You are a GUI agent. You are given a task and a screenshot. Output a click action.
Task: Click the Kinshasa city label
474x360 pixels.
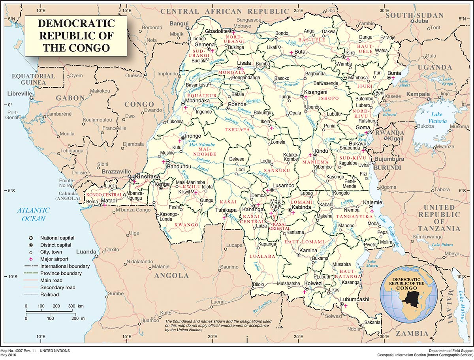tap(148, 176)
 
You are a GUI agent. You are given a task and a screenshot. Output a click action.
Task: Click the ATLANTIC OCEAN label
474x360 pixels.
tap(33, 214)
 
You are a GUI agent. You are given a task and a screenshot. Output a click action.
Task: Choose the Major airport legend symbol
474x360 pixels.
tap(30, 259)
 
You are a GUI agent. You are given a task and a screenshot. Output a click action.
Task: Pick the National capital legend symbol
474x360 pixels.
tap(30, 238)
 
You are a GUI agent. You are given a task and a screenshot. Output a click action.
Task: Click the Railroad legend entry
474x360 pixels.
tap(49, 294)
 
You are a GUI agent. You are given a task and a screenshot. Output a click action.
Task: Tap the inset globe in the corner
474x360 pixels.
tap(408, 290)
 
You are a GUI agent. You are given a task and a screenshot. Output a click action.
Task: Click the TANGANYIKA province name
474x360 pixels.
tap(354, 217)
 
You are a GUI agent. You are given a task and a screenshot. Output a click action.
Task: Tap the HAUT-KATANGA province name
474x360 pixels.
tap(350, 274)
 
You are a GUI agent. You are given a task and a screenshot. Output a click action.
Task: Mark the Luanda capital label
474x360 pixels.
tap(86, 251)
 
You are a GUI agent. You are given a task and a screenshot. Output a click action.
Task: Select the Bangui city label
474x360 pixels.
tap(179, 24)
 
